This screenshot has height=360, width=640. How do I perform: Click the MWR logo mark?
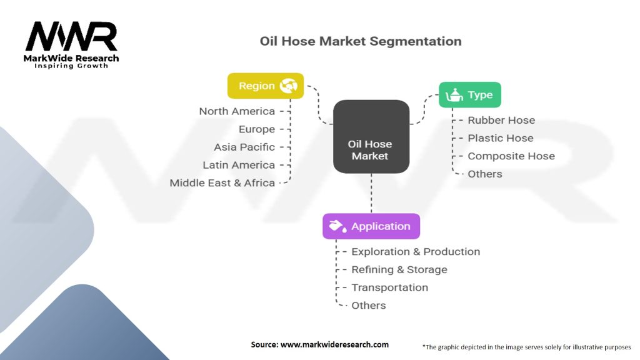pyautogui.click(x=71, y=36)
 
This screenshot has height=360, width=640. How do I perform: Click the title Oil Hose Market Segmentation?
pyautogui.click(x=361, y=41)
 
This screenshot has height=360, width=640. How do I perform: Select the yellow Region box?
pyautogui.click(x=266, y=86)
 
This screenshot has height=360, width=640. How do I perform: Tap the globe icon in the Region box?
pyautogui.click(x=289, y=86)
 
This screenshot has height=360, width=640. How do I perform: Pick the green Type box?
pyautogui.click(x=470, y=95)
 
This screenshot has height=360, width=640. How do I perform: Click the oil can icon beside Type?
pyautogui.click(x=454, y=95)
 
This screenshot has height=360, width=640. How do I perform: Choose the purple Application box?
pyautogui.click(x=371, y=226)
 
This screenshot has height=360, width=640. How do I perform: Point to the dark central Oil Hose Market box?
pyautogui.click(x=371, y=137)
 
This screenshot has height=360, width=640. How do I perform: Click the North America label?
pyautogui.click(x=237, y=111)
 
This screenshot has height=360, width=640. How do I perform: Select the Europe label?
pyautogui.click(x=257, y=129)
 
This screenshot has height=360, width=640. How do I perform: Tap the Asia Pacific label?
pyautogui.click(x=244, y=147)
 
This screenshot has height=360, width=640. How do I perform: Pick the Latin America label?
pyautogui.click(x=239, y=165)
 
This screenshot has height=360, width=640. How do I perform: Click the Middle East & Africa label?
pyautogui.click(x=222, y=183)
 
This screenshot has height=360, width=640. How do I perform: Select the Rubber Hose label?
pyautogui.click(x=501, y=120)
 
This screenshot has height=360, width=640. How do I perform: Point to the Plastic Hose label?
pyautogui.click(x=501, y=138)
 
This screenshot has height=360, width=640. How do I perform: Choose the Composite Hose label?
pyautogui.click(x=511, y=156)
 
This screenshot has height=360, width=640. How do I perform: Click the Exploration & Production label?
pyautogui.click(x=416, y=251)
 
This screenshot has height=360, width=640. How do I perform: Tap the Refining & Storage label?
pyautogui.click(x=399, y=269)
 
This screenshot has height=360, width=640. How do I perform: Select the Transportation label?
pyautogui.click(x=390, y=287)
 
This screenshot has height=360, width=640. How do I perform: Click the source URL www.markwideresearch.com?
pyautogui.click(x=335, y=344)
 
